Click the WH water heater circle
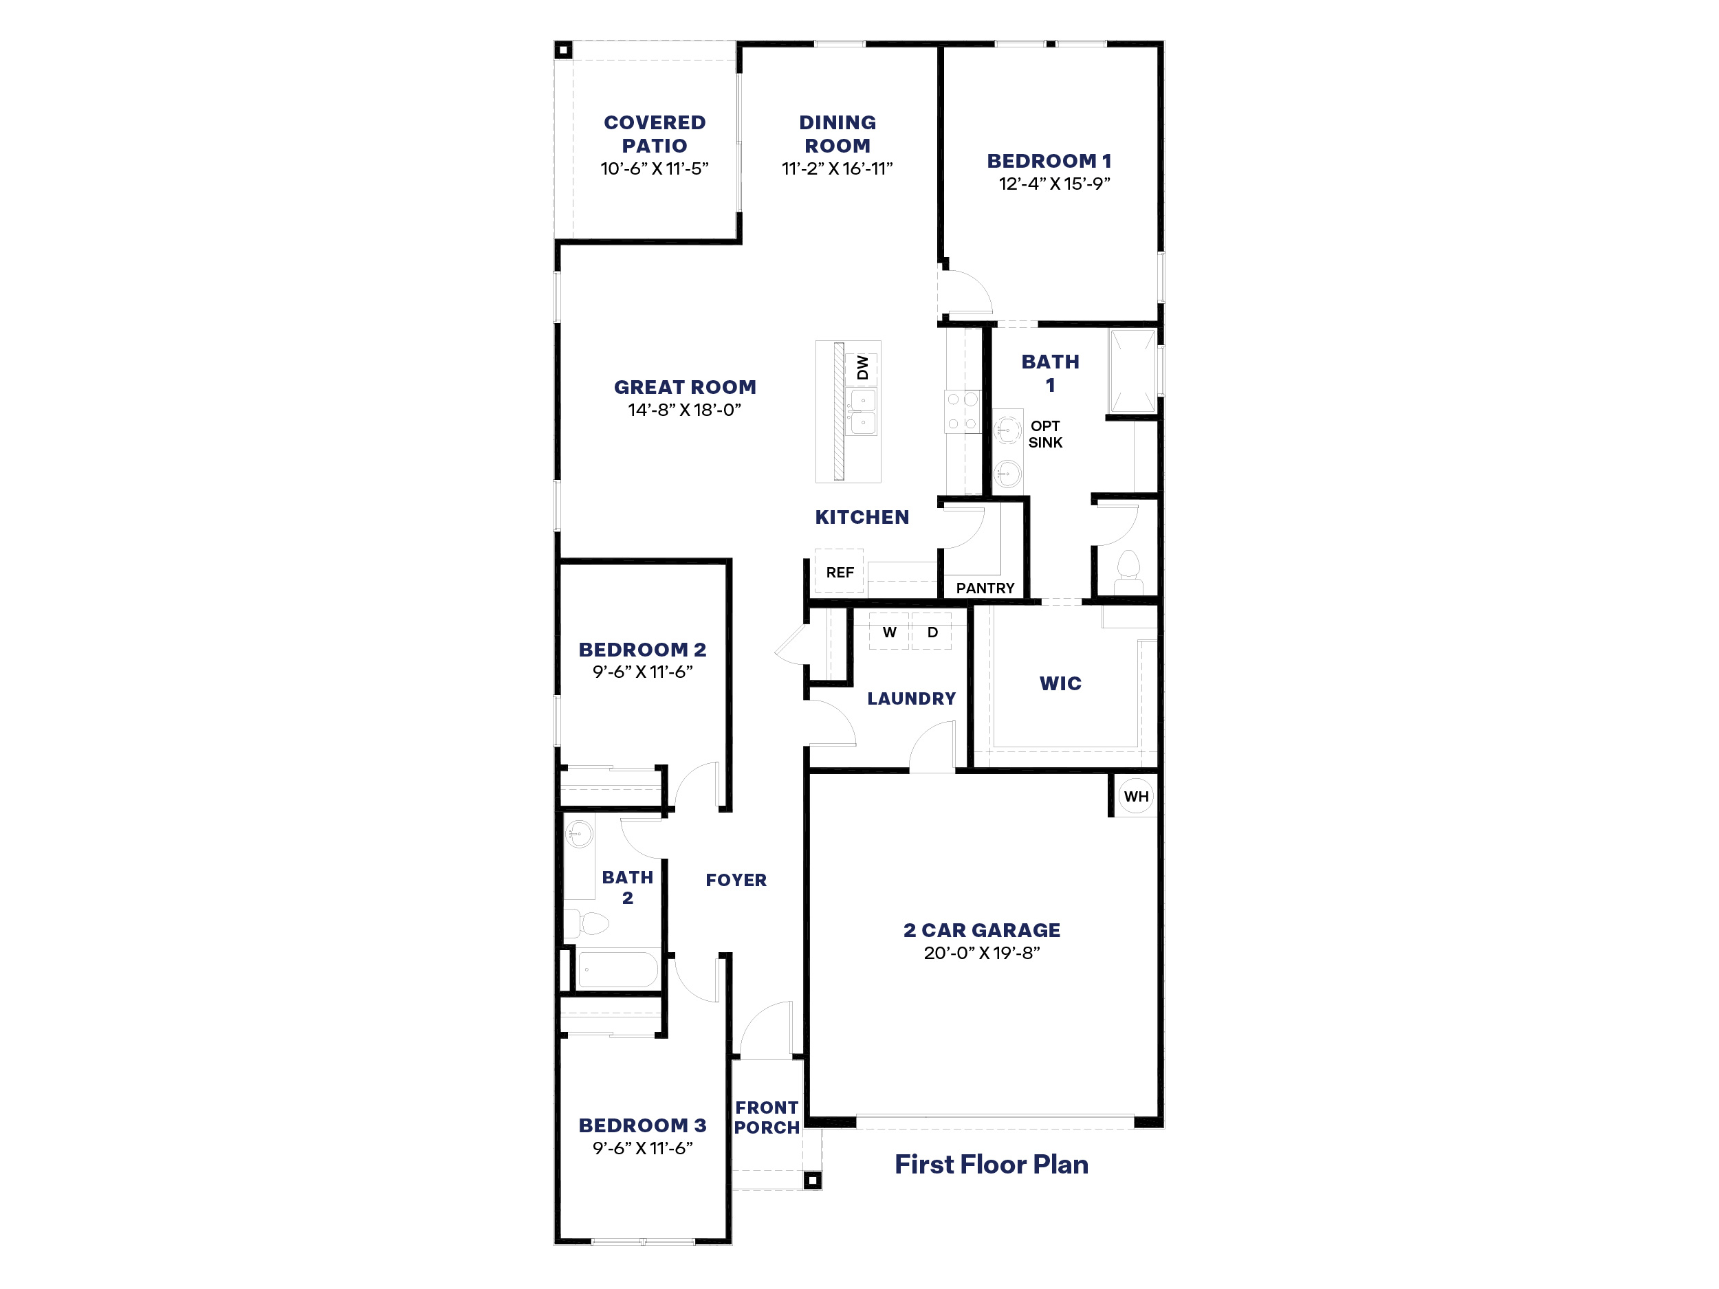pos(1135,795)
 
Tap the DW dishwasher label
pos(862,368)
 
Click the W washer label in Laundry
pos(889,632)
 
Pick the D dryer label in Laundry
pos(932,632)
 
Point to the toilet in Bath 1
pos(1128,573)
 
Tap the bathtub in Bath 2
pos(618,969)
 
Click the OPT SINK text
pos(1044,434)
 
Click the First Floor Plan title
pos(991,1164)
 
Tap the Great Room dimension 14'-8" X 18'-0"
pos(684,410)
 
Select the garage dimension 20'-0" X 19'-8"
pos(981,953)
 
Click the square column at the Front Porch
pos(812,1180)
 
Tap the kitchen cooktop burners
pos(961,411)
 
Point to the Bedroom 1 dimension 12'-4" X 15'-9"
pos(1054,184)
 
